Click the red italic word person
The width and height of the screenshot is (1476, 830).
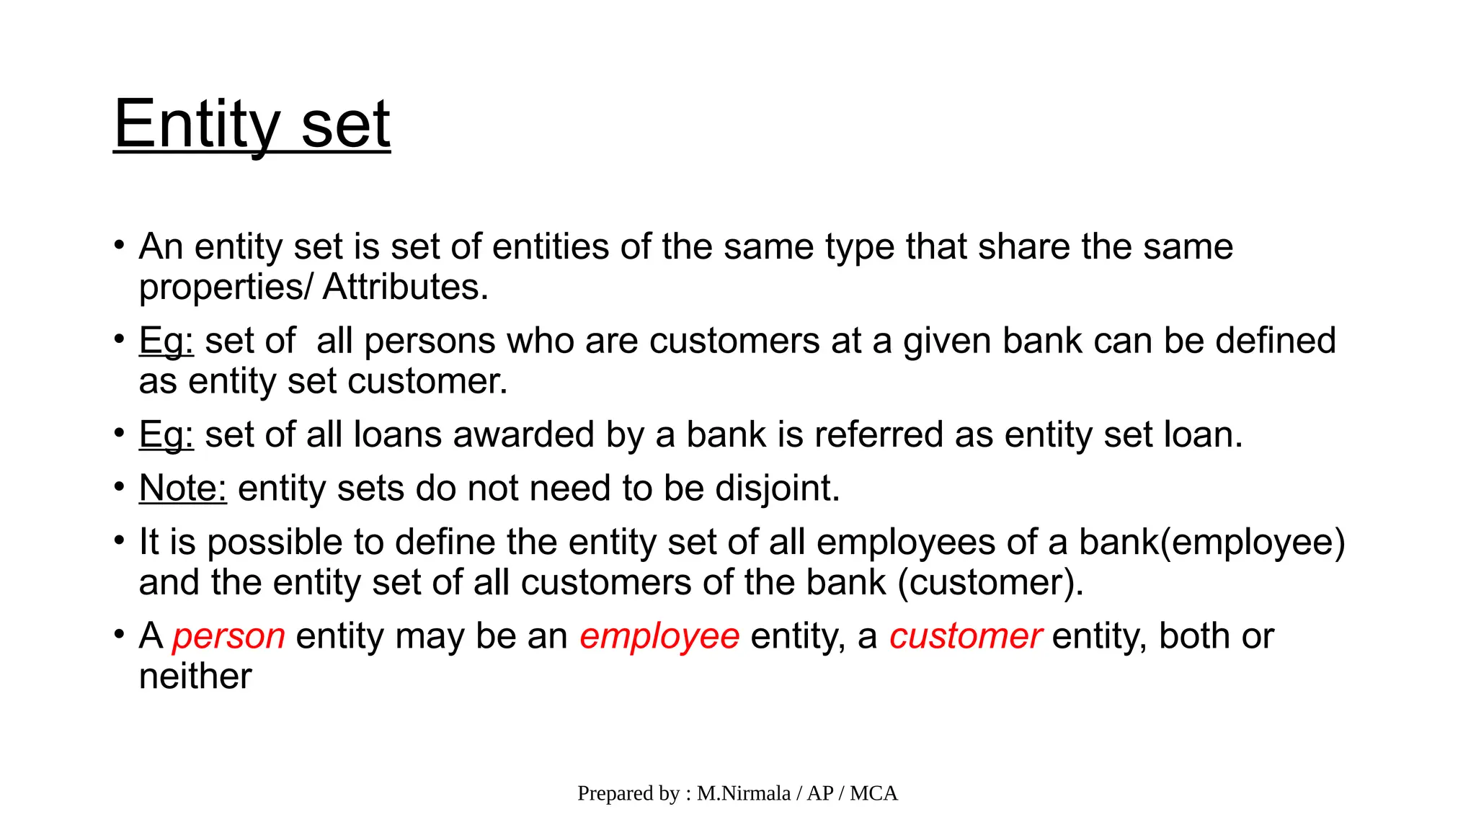pos(228,637)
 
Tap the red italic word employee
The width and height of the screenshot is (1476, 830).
pos(659,637)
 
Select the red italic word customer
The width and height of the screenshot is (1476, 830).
pos(965,637)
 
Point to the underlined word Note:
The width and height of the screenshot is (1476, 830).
pos(182,488)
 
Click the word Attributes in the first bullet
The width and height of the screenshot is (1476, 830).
pos(405,287)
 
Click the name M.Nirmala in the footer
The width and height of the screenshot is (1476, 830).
pos(744,793)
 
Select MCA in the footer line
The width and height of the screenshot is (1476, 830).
pos(873,793)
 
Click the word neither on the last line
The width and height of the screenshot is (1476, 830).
pos(195,677)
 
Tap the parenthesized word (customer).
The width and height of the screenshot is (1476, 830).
pos(990,582)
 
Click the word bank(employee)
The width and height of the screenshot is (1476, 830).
pos(1212,543)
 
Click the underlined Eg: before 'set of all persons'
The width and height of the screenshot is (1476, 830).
pos(166,341)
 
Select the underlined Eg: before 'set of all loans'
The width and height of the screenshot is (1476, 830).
pos(166,435)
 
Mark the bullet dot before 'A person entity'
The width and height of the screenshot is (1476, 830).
pos(120,635)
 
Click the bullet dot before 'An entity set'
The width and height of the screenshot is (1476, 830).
pos(120,246)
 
